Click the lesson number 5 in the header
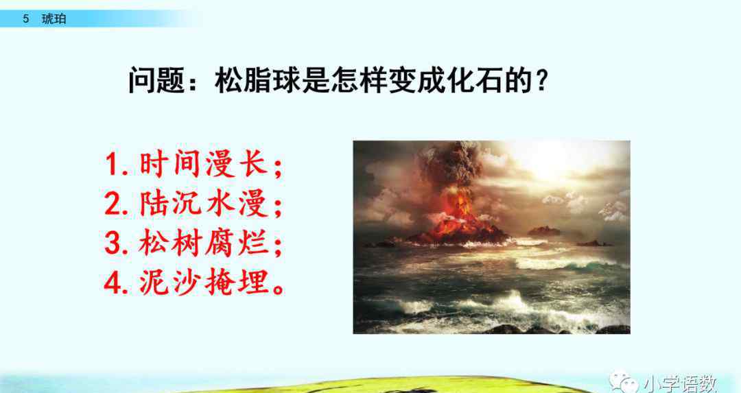coord(26,19)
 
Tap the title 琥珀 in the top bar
coord(54,19)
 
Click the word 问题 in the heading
coord(156,80)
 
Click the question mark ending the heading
coord(541,80)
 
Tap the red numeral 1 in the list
coord(112,165)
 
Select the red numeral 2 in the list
coord(113,204)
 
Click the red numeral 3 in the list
coord(113,243)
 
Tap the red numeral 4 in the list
coord(113,283)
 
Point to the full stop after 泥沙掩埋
coord(278,289)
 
